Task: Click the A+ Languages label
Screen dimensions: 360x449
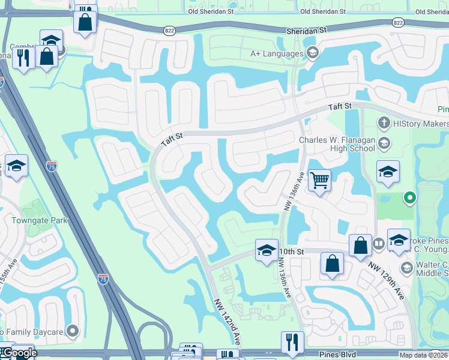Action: tap(277, 54)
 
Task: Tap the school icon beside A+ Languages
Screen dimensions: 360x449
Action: tap(312, 54)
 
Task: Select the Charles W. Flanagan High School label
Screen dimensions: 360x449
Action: tap(337, 145)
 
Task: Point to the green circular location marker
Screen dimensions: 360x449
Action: tap(410, 197)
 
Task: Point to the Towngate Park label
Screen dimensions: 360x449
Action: tap(40, 220)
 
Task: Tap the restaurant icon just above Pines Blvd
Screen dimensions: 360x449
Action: tap(292, 342)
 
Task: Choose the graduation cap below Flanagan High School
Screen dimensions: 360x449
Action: tap(388, 172)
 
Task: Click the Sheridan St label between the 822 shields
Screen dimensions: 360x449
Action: tap(306, 29)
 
